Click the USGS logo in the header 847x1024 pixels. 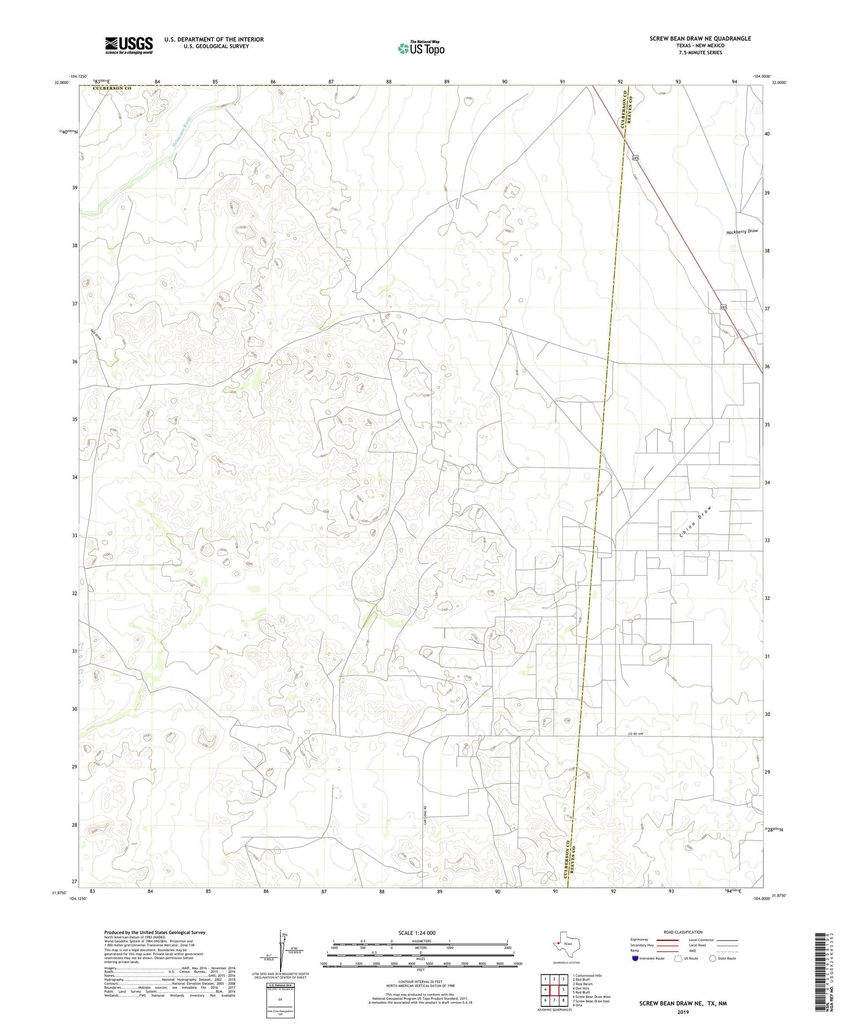click(129, 45)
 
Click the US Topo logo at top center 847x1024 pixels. click(421, 49)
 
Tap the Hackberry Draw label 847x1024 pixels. click(741, 232)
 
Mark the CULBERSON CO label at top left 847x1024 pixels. click(112, 89)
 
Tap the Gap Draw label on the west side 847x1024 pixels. click(95, 334)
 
